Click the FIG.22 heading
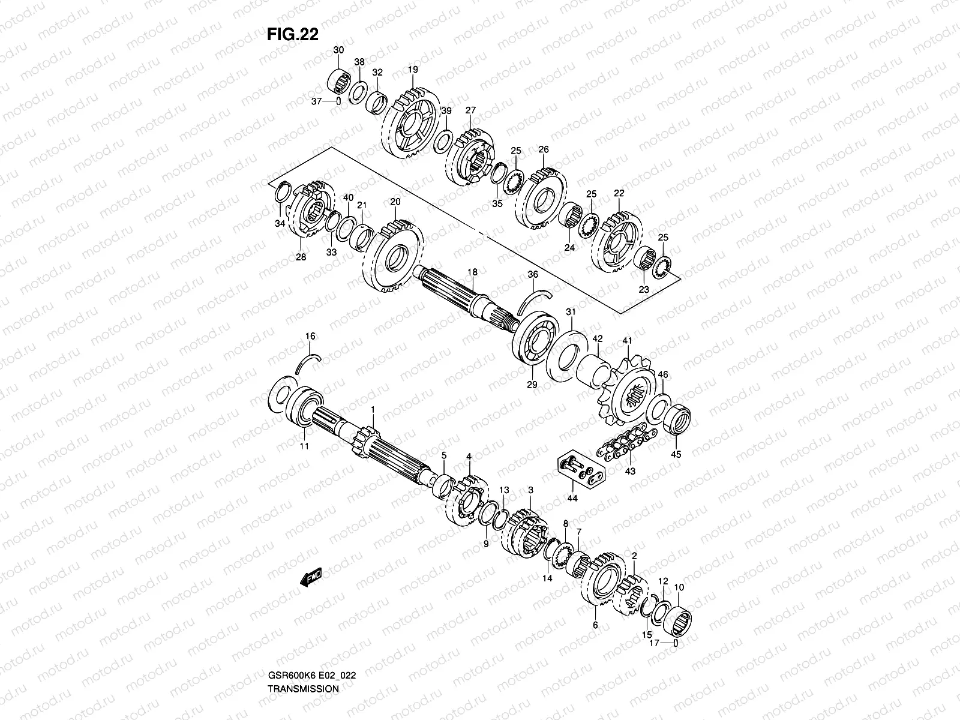292,35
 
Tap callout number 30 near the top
338,50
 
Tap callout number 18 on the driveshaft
473,272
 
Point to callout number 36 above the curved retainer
533,274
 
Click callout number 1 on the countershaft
373,409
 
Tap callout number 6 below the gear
595,625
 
